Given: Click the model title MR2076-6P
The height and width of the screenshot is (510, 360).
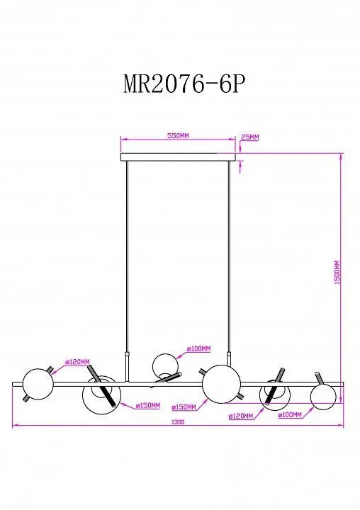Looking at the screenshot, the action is pyautogui.click(x=184, y=84).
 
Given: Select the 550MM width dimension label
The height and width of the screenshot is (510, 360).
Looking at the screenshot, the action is pyautogui.click(x=178, y=135).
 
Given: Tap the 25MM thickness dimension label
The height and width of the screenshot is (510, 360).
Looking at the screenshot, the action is pyautogui.click(x=249, y=137).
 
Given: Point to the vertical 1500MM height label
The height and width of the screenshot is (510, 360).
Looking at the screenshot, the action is pyautogui.click(x=337, y=273).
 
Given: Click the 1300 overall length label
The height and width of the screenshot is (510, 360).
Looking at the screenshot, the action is pyautogui.click(x=178, y=422).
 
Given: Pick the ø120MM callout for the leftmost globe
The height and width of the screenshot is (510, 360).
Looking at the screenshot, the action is pyautogui.click(x=77, y=362).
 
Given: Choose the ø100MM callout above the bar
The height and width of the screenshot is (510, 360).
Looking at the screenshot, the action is pyautogui.click(x=198, y=348).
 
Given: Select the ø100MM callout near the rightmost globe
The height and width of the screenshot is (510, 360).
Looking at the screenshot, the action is pyautogui.click(x=290, y=414).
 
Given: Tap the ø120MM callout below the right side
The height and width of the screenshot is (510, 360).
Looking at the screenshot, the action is pyautogui.click(x=241, y=416).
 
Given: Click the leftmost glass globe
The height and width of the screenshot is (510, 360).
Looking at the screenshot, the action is pyautogui.click(x=38, y=384).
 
